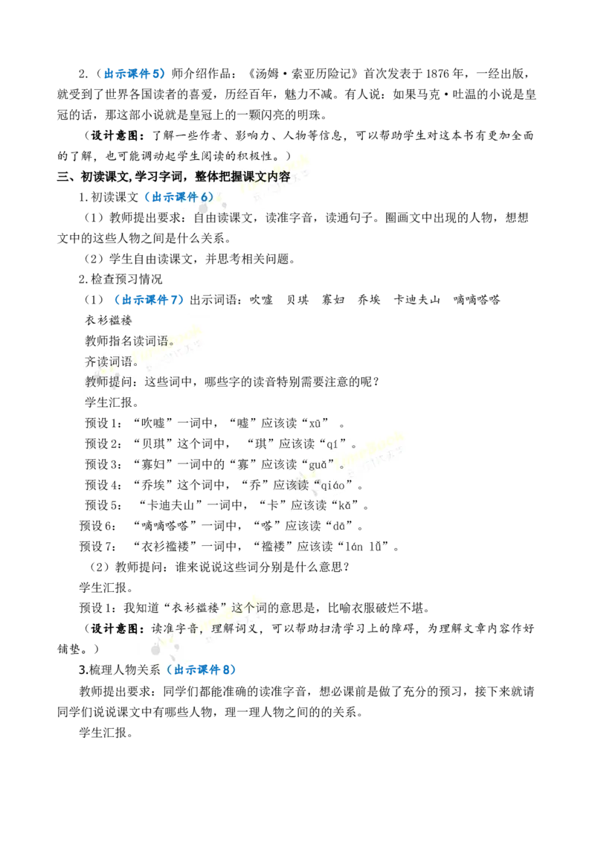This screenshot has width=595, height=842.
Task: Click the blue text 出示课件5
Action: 132,74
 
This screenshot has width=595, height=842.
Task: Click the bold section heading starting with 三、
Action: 174,177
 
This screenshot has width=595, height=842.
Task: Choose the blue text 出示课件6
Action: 179,197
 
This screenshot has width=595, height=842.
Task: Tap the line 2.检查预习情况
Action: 120,279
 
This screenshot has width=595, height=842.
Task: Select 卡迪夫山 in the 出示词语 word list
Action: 416,300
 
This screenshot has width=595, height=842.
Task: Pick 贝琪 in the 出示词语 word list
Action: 297,300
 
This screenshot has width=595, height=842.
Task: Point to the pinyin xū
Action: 315,423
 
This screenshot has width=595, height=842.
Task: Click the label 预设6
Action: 97,527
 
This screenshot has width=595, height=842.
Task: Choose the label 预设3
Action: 103,464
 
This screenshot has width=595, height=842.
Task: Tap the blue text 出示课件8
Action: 202,669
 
